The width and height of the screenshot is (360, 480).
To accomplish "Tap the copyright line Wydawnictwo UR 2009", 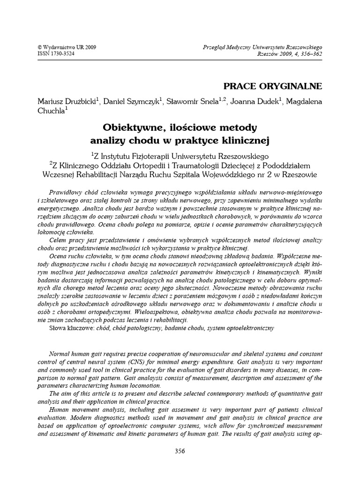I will point(61,47).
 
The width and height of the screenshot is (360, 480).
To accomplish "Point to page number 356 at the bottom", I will point(180,451).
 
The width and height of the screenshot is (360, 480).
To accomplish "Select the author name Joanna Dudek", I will point(253,102).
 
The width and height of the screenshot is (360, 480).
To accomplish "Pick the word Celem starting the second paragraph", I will point(58,240).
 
